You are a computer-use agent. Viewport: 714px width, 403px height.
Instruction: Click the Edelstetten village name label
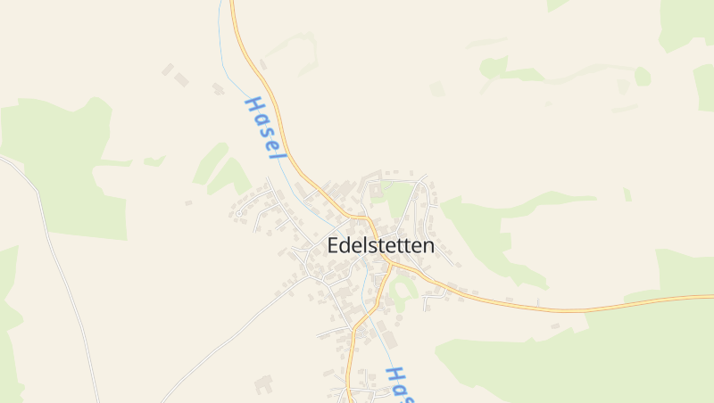(x=381, y=245)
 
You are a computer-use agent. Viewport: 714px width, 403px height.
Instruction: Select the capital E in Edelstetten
(x=335, y=245)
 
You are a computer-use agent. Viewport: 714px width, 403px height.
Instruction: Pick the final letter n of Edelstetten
(x=429, y=246)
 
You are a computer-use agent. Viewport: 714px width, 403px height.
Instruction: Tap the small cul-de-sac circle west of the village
(x=239, y=212)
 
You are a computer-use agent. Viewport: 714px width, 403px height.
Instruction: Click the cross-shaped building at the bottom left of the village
(x=263, y=385)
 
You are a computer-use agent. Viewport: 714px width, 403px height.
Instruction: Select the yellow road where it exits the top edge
(x=232, y=4)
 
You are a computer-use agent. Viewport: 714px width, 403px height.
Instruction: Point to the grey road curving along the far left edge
(x=54, y=241)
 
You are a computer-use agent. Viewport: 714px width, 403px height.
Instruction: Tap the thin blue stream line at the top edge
(x=220, y=4)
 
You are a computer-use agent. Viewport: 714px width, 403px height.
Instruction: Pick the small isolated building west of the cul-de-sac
(x=188, y=203)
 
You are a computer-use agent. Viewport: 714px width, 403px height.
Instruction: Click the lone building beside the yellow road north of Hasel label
(x=262, y=64)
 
